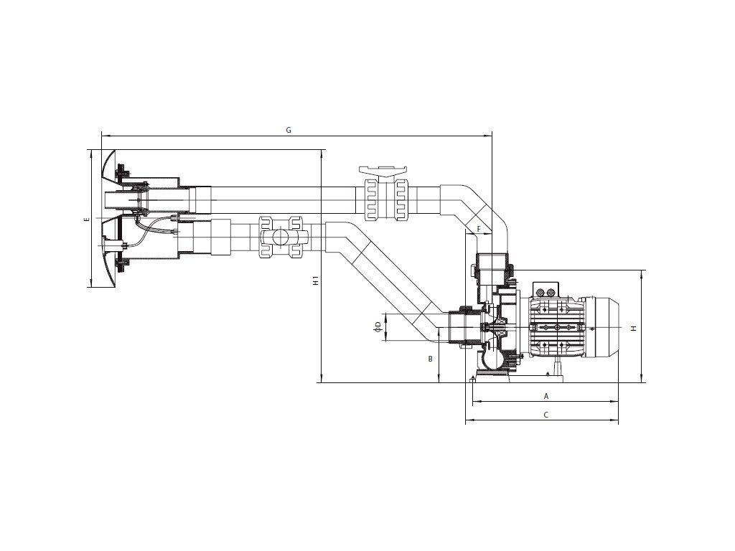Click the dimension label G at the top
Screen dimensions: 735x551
pos(288,130)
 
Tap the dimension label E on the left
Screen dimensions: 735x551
pos(85,219)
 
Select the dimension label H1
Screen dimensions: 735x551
pos(316,281)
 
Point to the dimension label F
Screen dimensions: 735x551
pos(479,230)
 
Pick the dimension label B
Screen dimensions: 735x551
pos(430,357)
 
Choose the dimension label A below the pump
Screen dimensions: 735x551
pos(546,395)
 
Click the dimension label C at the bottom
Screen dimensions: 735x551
pos(546,415)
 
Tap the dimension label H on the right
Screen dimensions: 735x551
pos(633,328)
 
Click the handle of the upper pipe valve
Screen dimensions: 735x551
pos(385,171)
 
